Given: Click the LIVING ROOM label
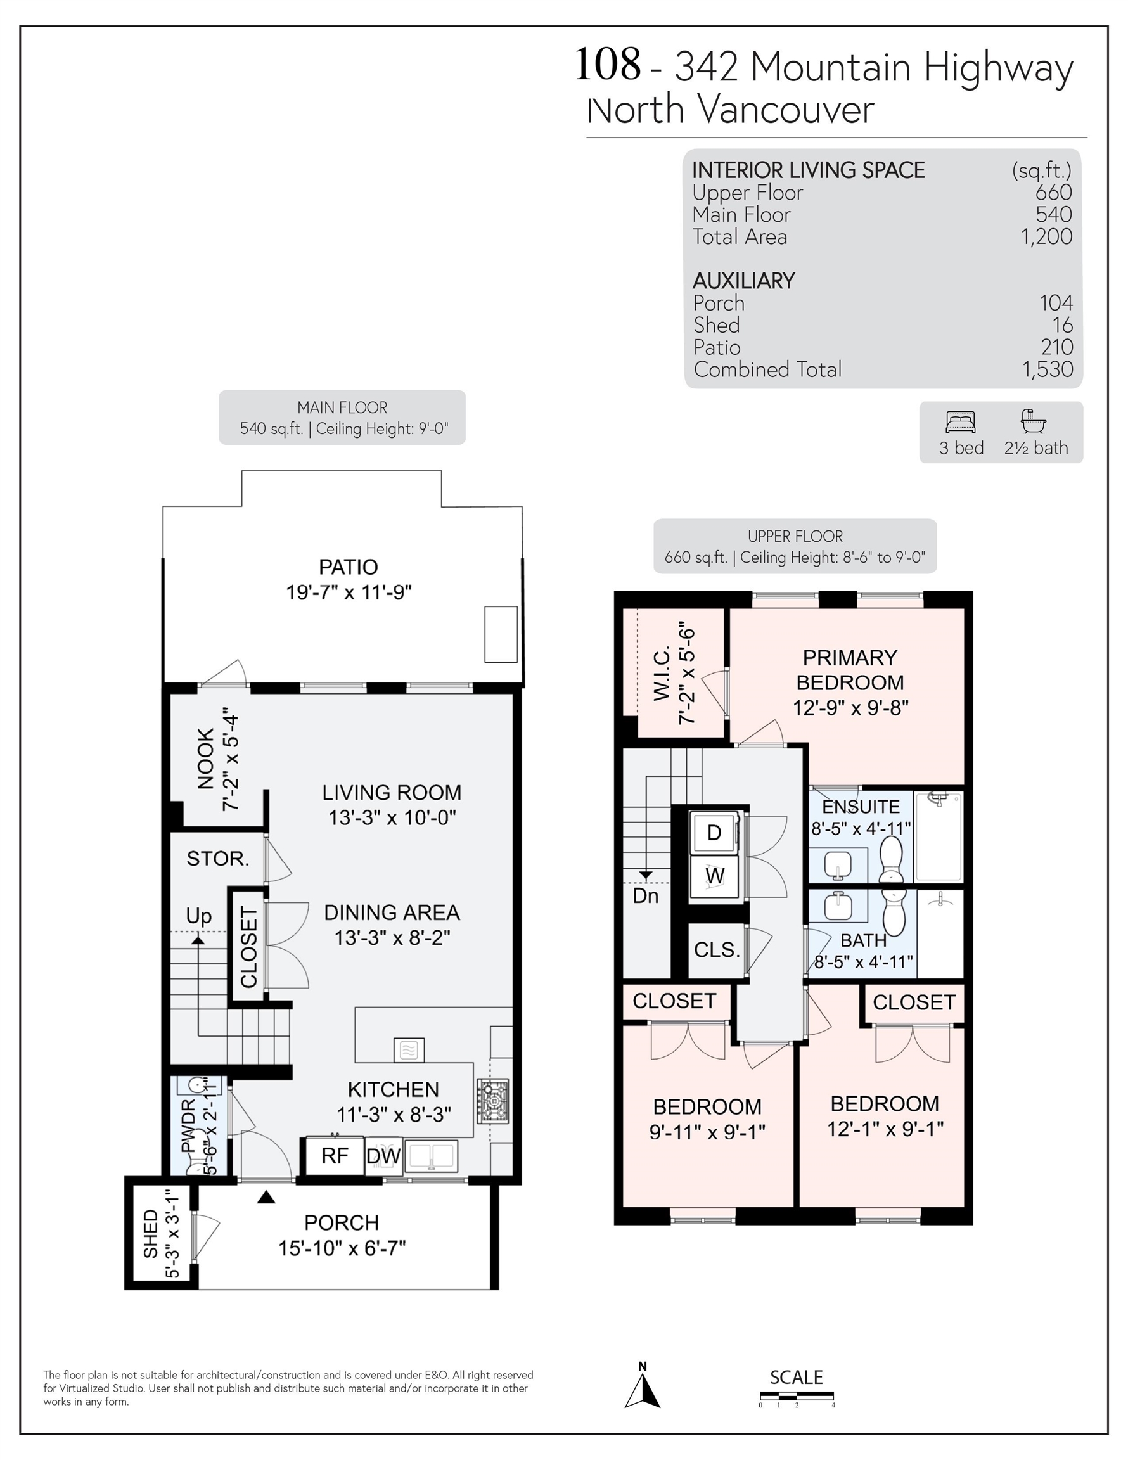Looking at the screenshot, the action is pos(392,793).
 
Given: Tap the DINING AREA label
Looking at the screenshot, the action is pos(392,912).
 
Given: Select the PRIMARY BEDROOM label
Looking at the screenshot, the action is pos(850,670).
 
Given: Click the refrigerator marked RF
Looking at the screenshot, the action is pos(335,1156).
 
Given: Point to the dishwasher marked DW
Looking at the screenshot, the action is pos(383,1156).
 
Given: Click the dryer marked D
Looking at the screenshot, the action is pos(715,832).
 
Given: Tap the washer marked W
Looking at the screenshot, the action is pos(715,876).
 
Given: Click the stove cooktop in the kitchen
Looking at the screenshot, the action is pos(493,1100).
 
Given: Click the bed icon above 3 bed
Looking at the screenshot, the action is pos(961,423).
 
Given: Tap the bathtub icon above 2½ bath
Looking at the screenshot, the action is pos(1034,421).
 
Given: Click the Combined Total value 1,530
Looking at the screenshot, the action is pos(1048,369).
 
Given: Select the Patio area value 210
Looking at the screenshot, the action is pos(1057,347).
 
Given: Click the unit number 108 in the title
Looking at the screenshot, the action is pos(608,65).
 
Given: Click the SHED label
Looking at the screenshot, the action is pos(151,1233).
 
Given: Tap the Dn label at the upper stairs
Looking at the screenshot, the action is pos(646,896).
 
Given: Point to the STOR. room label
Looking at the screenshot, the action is pos(218,859).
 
